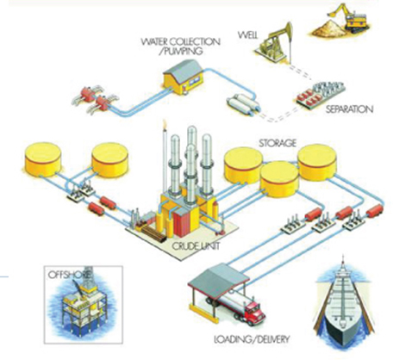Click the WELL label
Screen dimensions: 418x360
click(248, 35)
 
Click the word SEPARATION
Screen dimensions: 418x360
click(349, 109)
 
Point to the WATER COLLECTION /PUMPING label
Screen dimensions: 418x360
click(180, 47)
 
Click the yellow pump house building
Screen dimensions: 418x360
click(184, 77)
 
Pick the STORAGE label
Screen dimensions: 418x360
click(278, 143)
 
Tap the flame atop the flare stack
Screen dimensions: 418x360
click(165, 123)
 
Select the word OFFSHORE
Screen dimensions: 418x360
click(69, 275)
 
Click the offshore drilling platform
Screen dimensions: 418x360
click(84, 305)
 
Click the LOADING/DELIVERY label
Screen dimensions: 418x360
click(252, 339)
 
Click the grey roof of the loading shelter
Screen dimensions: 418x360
click(218, 280)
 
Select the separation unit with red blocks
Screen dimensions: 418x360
click(320, 93)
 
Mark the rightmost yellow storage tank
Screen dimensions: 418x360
click(317, 162)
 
